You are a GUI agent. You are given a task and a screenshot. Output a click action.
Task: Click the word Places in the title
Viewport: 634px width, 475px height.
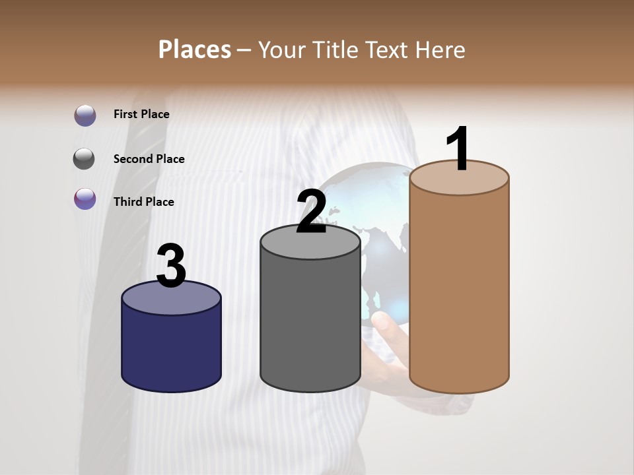point(195,49)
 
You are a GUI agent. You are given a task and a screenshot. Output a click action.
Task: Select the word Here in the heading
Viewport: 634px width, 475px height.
point(441,49)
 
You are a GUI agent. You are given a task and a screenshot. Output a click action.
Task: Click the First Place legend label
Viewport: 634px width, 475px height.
point(141,114)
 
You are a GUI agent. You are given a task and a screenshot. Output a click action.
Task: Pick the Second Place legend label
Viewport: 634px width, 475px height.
point(149,159)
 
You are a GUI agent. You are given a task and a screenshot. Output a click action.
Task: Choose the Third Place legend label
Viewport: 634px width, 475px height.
point(143,202)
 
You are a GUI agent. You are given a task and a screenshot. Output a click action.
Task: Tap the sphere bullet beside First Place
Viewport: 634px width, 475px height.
point(85,115)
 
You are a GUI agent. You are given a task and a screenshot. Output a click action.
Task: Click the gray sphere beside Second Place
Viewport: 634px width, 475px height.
point(84,159)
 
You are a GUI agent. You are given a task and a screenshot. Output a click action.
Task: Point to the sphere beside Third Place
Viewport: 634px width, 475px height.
point(85,199)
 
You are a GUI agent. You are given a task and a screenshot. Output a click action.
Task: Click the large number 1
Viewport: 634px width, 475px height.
point(458,149)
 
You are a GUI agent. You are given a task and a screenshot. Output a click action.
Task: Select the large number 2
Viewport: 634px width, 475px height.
point(312,211)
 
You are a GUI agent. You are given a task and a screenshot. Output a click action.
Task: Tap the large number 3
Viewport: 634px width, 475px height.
point(172,266)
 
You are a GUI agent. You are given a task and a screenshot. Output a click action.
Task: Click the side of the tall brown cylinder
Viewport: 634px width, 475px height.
point(459,290)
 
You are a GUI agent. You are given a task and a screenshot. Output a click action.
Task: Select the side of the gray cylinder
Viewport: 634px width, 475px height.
point(310,323)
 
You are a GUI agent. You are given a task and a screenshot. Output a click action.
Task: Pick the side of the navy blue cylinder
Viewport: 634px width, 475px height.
point(172,350)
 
